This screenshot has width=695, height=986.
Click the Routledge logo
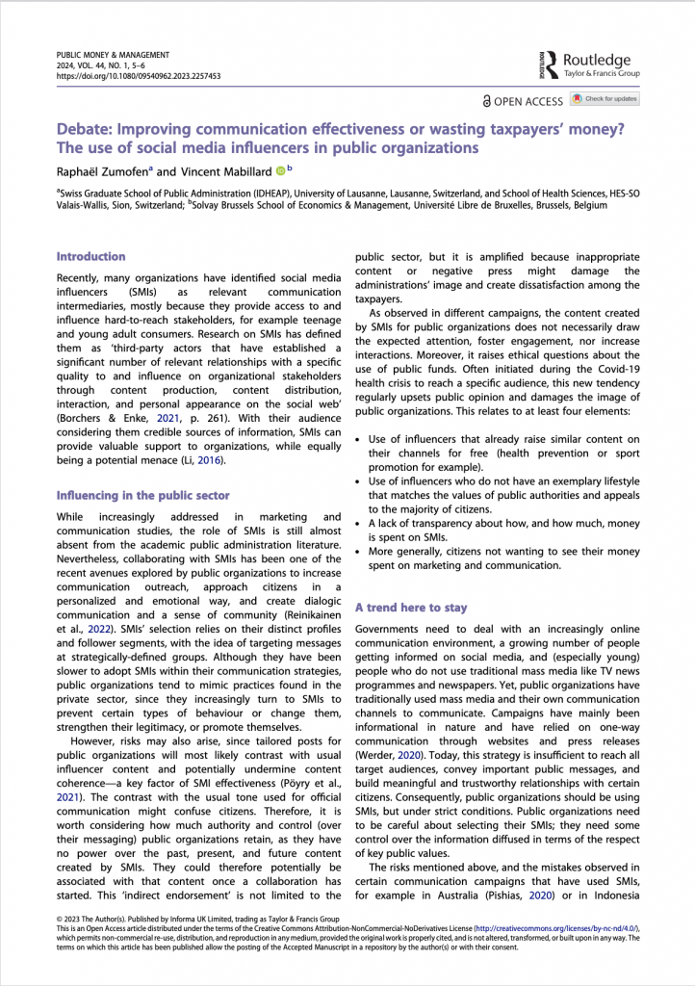click(x=588, y=65)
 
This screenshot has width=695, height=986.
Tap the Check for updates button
click(x=604, y=99)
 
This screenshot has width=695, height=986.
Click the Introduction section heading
click(x=90, y=256)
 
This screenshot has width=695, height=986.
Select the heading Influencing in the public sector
click(x=142, y=495)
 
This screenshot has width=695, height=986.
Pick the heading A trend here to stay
click(x=411, y=608)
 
